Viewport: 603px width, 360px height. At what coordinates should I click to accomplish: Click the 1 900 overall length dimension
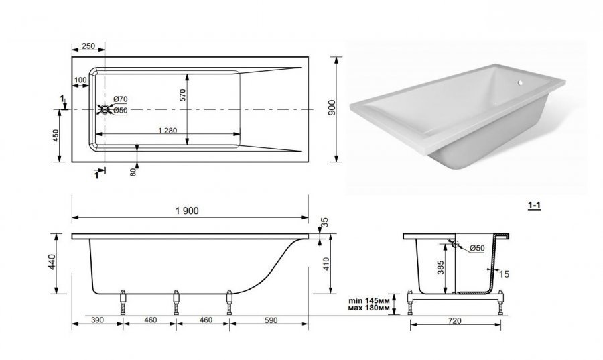point(187,211)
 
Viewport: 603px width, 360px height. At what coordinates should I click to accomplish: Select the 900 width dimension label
point(332,108)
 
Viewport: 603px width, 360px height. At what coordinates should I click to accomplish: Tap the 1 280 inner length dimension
point(167,131)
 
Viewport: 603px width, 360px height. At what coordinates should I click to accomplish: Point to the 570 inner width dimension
point(182,95)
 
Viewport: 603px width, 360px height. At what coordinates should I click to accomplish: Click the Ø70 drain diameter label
point(120,99)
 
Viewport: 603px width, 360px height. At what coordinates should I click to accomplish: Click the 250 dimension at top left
point(88,46)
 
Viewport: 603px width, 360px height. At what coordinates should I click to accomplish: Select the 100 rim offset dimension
point(80,80)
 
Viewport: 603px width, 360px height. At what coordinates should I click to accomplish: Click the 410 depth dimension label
point(326,264)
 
